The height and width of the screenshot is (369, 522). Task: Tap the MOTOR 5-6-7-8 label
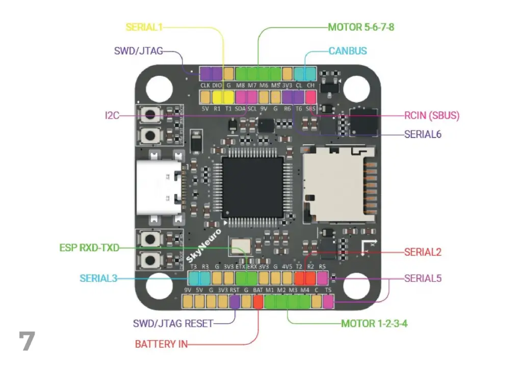[x=361, y=27]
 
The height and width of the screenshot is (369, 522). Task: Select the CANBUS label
[x=348, y=51]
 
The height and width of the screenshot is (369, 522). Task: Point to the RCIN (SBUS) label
[x=432, y=116]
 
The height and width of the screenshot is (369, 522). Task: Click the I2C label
[x=112, y=116]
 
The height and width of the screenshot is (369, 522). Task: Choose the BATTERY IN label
[x=161, y=344]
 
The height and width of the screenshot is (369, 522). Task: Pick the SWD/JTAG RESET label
[x=173, y=323]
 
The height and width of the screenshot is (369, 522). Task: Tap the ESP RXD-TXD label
[x=89, y=248]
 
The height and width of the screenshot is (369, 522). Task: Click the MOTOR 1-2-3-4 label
[x=374, y=323]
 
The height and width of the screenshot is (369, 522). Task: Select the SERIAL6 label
[x=423, y=135]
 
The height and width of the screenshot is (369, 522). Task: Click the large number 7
[x=27, y=341]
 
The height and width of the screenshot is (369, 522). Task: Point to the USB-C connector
[x=159, y=189]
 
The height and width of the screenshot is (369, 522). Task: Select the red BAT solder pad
[x=258, y=301]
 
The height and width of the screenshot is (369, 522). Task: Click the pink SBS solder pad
[x=310, y=96]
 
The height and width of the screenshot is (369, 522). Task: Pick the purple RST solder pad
[x=234, y=301]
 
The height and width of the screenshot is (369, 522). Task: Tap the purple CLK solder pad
[x=205, y=73]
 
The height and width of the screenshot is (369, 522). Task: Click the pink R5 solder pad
[x=322, y=278]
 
